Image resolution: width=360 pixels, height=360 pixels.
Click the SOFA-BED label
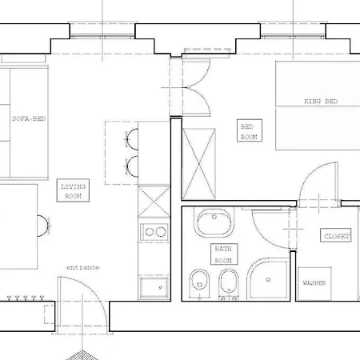29,118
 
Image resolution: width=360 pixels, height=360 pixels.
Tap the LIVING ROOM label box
74,190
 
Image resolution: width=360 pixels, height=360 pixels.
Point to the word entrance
82,267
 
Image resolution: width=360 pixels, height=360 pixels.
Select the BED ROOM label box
248,131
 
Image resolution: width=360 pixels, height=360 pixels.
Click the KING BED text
320,102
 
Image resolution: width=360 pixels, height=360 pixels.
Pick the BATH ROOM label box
223,255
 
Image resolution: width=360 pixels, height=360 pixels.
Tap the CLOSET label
336,237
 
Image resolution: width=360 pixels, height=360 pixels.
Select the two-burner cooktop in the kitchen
153,233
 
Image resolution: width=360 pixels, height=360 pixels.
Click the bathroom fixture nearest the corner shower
230,282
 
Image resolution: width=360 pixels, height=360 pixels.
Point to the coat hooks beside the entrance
24,298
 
